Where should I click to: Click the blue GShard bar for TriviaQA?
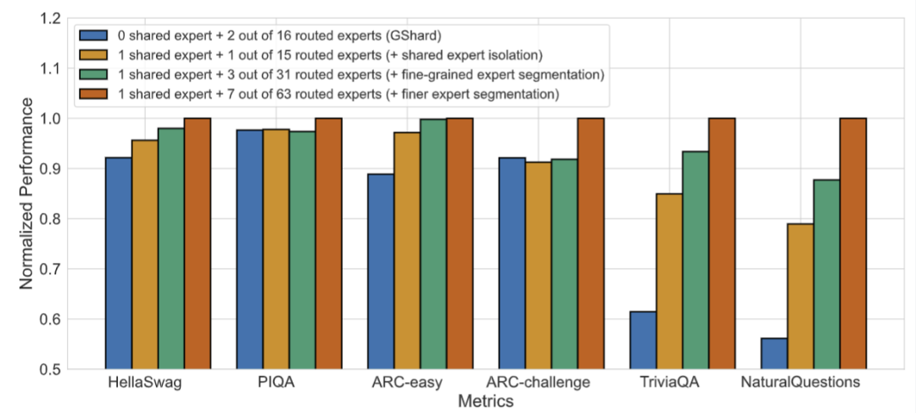(x=643, y=340)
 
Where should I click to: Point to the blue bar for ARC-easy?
(x=381, y=271)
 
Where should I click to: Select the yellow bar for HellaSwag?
(x=144, y=254)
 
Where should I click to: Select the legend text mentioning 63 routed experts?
(x=339, y=94)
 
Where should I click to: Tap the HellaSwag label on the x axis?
(x=144, y=383)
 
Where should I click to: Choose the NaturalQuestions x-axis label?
(x=800, y=383)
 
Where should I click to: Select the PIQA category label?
(x=276, y=383)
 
